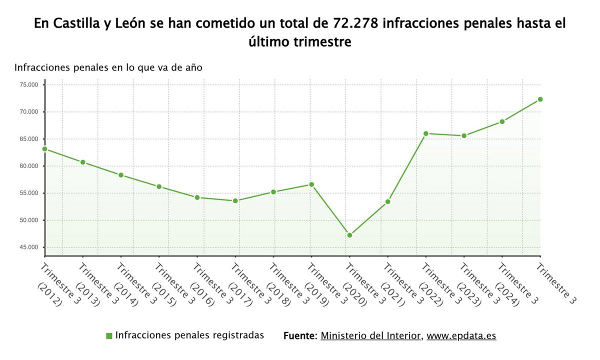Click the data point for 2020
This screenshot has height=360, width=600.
349,235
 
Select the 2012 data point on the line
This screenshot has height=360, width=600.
44,149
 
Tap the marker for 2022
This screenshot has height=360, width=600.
425,133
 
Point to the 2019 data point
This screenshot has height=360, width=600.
311,184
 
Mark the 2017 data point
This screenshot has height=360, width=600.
235,201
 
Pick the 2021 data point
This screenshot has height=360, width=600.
387,201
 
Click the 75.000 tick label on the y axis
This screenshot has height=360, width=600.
29,85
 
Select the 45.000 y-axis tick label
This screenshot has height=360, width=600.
29,247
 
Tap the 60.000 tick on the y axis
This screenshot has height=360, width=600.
29,166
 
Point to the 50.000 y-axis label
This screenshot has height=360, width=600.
29,220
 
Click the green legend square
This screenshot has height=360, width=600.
109,336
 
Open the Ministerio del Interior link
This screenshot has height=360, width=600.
370,335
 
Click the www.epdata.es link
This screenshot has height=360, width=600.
461,335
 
